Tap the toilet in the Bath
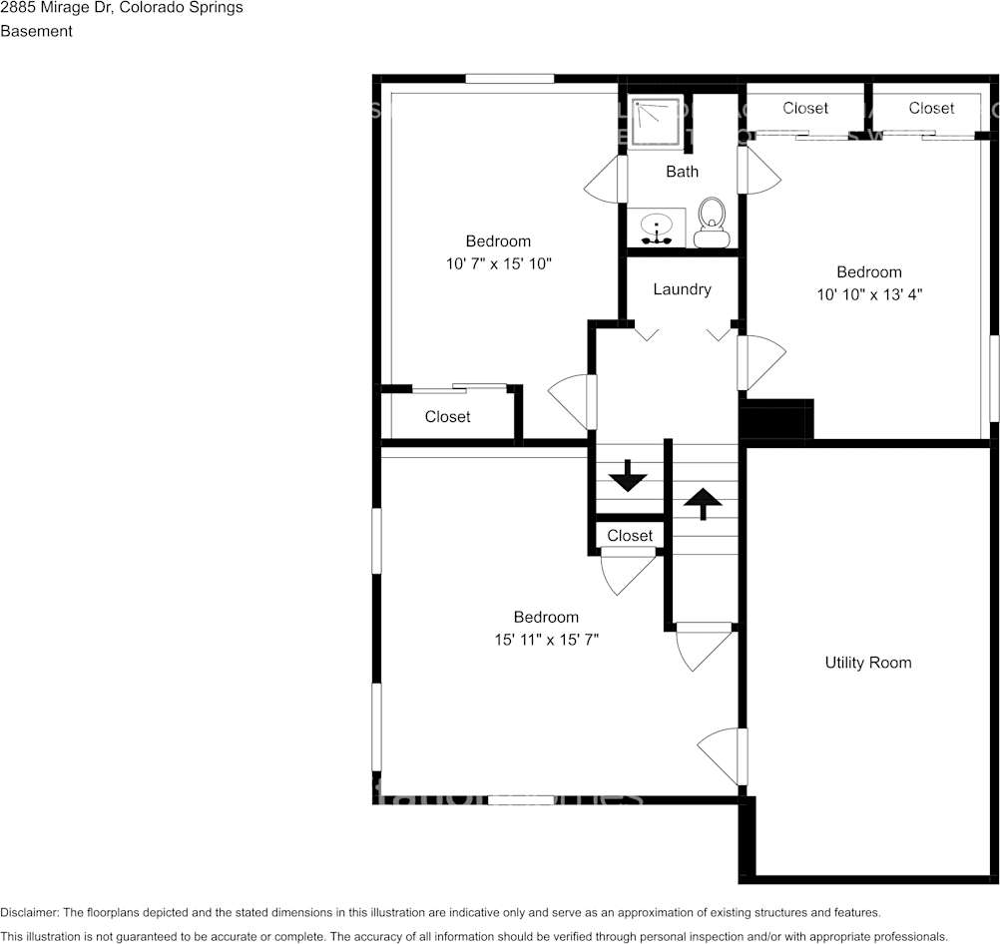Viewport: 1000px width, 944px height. [x=712, y=222]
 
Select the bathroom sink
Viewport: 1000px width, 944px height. [x=656, y=228]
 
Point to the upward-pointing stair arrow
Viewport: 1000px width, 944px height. [x=703, y=503]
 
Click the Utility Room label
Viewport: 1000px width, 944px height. [x=867, y=663]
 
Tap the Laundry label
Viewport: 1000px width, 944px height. [x=682, y=289]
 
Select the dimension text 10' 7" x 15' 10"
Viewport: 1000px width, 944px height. [x=498, y=264]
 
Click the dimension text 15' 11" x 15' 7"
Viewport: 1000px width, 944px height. [x=546, y=640]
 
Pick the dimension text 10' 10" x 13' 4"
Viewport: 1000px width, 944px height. [x=868, y=295]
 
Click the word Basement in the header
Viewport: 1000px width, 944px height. [x=37, y=31]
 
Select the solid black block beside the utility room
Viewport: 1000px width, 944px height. [x=777, y=419]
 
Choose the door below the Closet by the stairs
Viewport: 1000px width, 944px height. [x=627, y=570]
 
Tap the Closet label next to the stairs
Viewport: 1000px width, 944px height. [x=630, y=536]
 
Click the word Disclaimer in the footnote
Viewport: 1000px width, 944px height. [x=28, y=913]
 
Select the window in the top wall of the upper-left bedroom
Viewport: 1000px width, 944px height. [x=509, y=79]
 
